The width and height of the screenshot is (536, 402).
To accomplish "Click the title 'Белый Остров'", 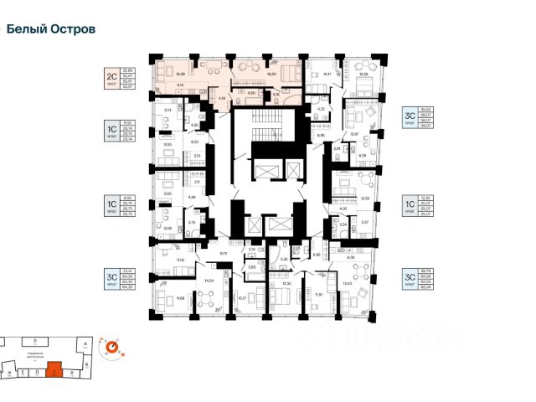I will coord(51,28).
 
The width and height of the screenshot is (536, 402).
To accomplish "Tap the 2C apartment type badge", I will coord(110,77).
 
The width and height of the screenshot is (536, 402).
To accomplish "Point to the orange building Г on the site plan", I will coord(55,368).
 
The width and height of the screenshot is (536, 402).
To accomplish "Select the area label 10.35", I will coord(286,283).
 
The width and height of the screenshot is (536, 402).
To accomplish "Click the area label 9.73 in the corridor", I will coord(224,252).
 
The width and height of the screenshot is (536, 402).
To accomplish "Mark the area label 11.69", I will coord(180,298).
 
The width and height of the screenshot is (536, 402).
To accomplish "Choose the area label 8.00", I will coord(336,257).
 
